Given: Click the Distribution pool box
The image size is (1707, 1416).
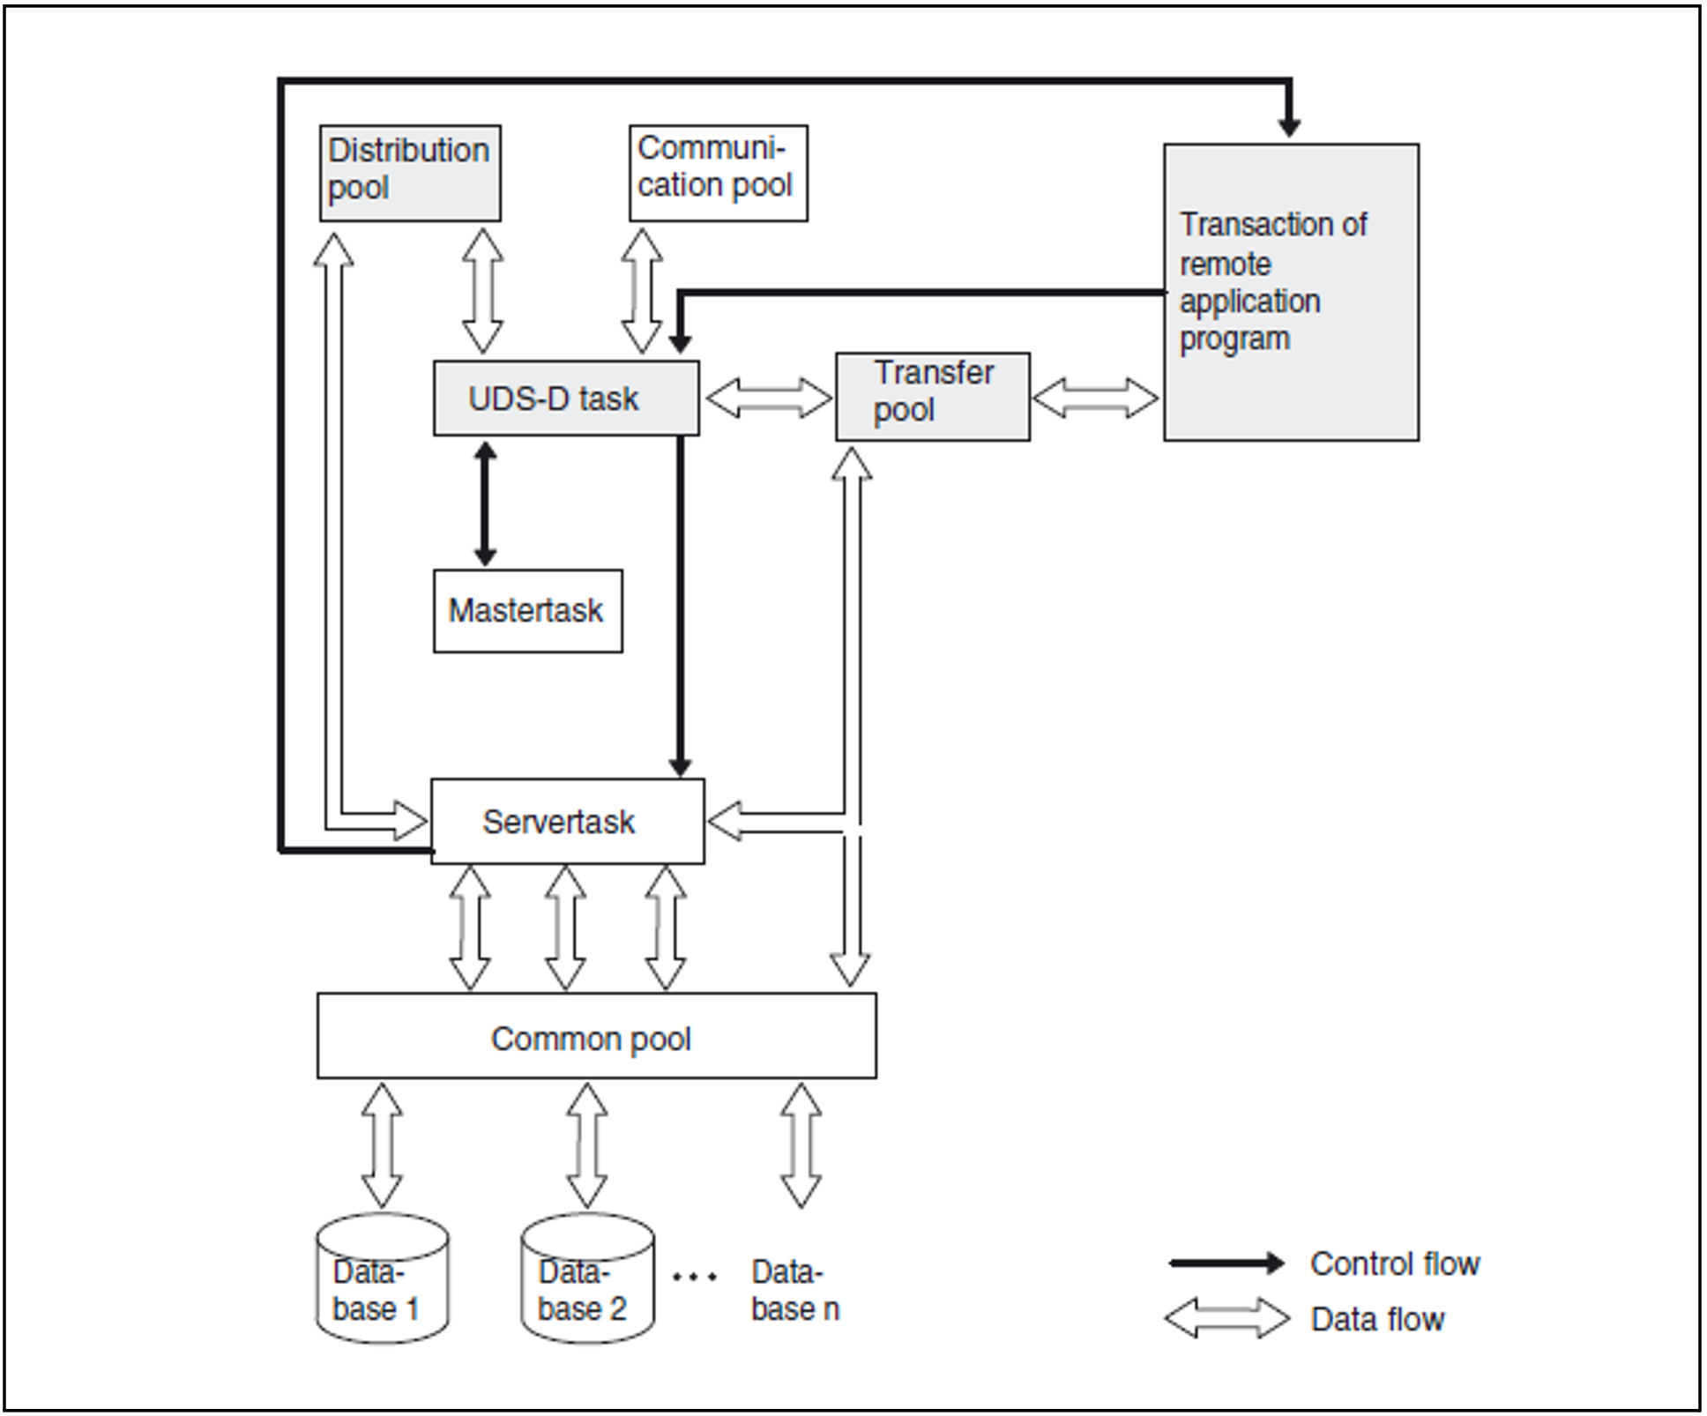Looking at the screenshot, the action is click(410, 173).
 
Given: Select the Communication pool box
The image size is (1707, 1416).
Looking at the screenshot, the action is click(719, 173).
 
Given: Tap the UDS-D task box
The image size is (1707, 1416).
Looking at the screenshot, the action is click(566, 398).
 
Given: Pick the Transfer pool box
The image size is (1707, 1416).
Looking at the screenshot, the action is click(933, 397).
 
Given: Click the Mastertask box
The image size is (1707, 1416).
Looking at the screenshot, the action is click(528, 611).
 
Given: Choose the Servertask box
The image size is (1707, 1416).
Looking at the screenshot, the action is click(568, 821).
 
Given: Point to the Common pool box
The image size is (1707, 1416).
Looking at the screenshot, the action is click(597, 1036).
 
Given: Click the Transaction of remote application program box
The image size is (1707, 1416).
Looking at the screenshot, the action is click(1292, 292).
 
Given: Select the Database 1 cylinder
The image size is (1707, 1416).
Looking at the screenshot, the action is click(382, 1278).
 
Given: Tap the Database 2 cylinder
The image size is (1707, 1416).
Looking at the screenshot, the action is click(587, 1278).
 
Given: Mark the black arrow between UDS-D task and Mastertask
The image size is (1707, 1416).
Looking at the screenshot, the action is click(484, 503).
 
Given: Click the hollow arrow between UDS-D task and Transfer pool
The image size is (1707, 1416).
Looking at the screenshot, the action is click(769, 399).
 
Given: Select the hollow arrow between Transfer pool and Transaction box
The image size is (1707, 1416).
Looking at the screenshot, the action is click(1096, 399).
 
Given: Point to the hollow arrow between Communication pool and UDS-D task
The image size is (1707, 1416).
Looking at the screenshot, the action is click(642, 291).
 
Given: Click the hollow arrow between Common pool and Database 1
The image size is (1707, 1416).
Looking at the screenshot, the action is click(382, 1145).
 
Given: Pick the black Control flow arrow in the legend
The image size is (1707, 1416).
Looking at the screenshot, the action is click(1226, 1263).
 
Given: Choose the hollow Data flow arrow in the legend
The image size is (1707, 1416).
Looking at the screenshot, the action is click(1226, 1318).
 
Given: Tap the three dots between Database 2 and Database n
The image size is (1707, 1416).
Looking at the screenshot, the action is click(695, 1276).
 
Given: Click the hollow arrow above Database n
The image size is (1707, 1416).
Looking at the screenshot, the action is click(801, 1145).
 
